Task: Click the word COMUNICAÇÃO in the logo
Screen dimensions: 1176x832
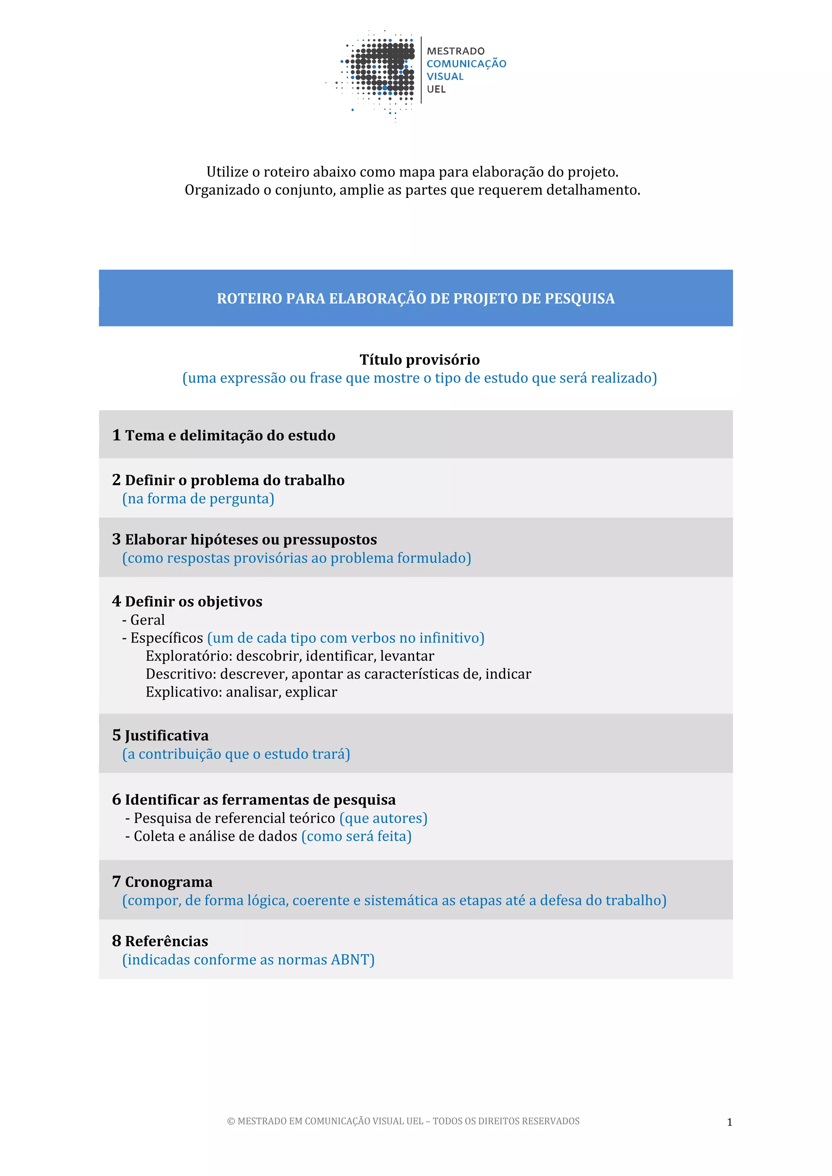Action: (x=466, y=63)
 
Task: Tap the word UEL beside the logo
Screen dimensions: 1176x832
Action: (x=436, y=89)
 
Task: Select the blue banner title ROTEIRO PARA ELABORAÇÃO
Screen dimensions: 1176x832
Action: (x=416, y=298)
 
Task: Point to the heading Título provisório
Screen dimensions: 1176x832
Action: (x=420, y=359)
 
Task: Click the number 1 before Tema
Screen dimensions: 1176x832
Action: (x=116, y=435)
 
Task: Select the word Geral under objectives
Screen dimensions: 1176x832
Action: (x=147, y=620)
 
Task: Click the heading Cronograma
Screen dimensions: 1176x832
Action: (x=169, y=882)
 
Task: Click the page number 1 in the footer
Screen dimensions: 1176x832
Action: (x=730, y=1122)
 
